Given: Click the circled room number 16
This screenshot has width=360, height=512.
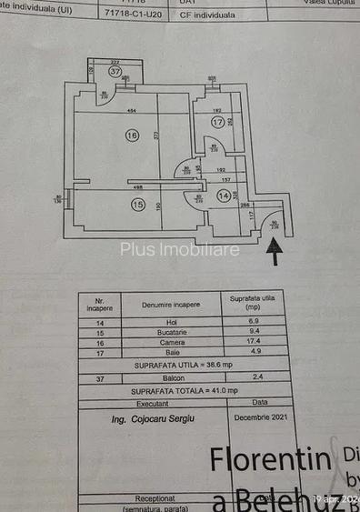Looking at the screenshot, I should point(133,136).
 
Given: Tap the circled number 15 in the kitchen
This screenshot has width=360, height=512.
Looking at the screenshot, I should point(138,205).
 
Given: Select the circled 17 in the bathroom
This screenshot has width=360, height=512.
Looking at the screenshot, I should point(217,122).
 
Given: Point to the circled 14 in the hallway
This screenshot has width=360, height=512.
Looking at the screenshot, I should point(224,196).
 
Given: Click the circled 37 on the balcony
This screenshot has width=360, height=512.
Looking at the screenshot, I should point(115,71).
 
